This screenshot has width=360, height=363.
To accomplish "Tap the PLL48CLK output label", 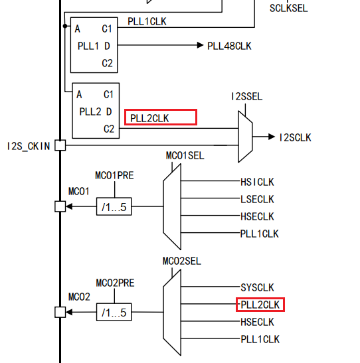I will (x=229, y=46).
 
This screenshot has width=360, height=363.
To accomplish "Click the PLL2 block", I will (x=96, y=111).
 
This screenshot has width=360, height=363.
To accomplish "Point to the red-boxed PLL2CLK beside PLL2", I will (x=161, y=117).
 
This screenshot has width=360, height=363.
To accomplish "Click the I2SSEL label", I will (x=246, y=97).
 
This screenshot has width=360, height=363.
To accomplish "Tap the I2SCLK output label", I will (x=295, y=137).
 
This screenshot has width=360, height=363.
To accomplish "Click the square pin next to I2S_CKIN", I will (x=60, y=145).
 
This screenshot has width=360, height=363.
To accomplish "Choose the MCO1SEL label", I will (x=185, y=155).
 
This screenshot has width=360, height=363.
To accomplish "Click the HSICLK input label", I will (x=257, y=181).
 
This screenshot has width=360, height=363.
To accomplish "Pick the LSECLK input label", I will (x=257, y=199).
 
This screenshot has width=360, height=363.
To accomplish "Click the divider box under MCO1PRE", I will (x=114, y=207).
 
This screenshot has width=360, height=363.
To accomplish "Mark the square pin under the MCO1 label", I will (x=60, y=207).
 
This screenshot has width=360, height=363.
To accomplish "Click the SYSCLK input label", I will (x=257, y=287).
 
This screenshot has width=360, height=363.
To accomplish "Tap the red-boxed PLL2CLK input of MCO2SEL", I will (x=260, y=305).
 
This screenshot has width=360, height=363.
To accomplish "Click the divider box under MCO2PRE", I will (x=114, y=312).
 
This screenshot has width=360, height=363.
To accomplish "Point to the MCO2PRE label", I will (x=115, y=283).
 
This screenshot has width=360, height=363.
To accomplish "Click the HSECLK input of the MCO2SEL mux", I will (x=257, y=322).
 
